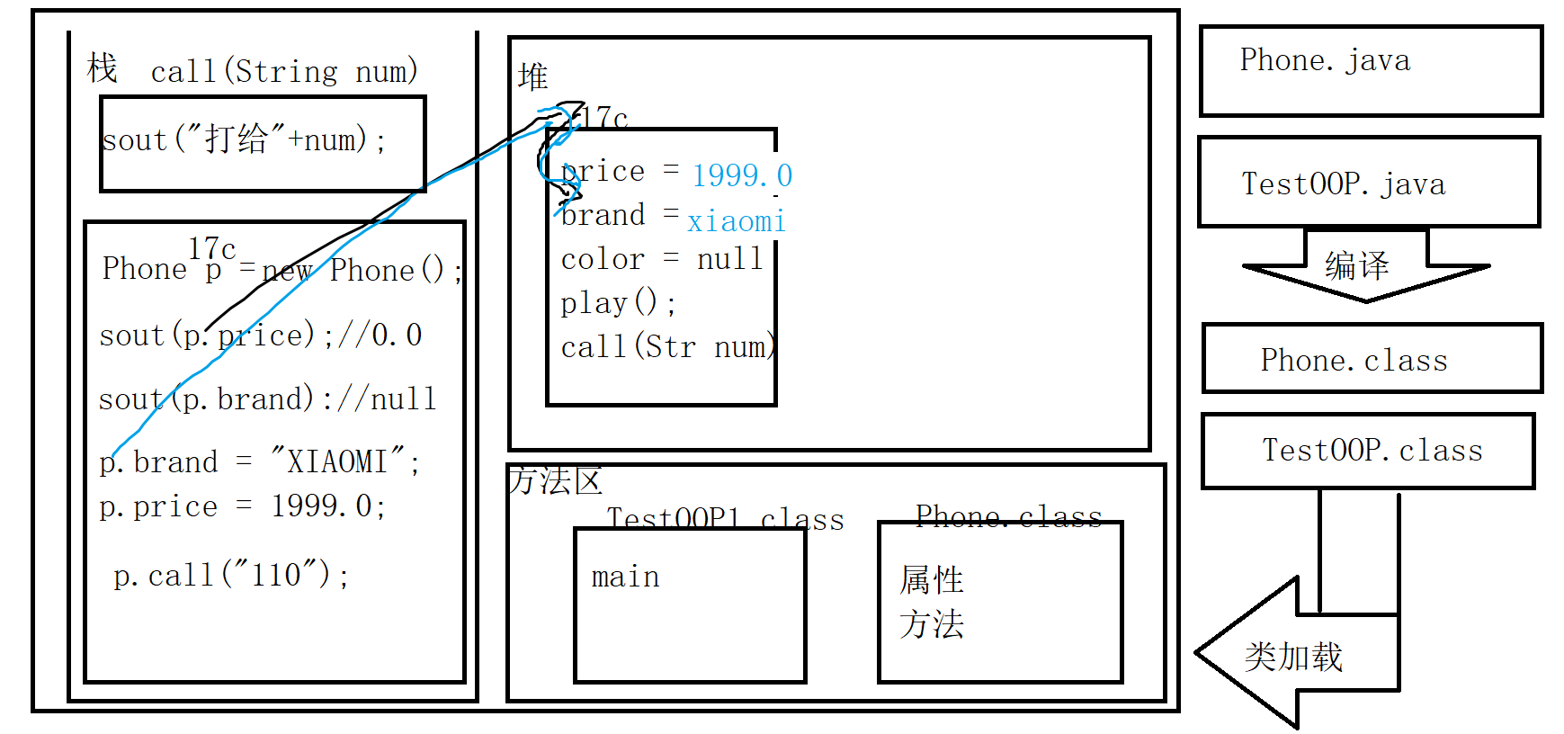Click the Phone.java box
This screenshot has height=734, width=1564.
coord(1370,70)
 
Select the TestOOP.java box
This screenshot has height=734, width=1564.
coord(1368,183)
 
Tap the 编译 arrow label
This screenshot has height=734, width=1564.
coord(1356,265)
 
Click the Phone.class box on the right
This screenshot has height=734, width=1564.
coord(1372,359)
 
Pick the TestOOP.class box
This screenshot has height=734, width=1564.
coord(1368,451)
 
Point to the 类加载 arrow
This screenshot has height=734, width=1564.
coord(1293,656)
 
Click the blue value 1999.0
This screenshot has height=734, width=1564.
coord(742,175)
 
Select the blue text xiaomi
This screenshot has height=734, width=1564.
coord(736,221)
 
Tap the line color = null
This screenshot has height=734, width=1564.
coord(661,259)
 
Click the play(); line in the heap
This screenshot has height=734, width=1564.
coord(618,303)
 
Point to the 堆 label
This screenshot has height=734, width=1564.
coord(532,76)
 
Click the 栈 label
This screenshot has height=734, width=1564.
coord(102,68)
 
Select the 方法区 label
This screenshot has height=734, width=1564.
coord(555,481)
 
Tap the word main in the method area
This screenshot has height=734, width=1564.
coord(625,577)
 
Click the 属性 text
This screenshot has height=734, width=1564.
coord(932,580)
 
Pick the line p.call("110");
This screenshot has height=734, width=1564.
coord(231,575)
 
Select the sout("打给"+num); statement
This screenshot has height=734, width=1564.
coord(245,140)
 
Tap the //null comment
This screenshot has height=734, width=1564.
coord(387,398)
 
